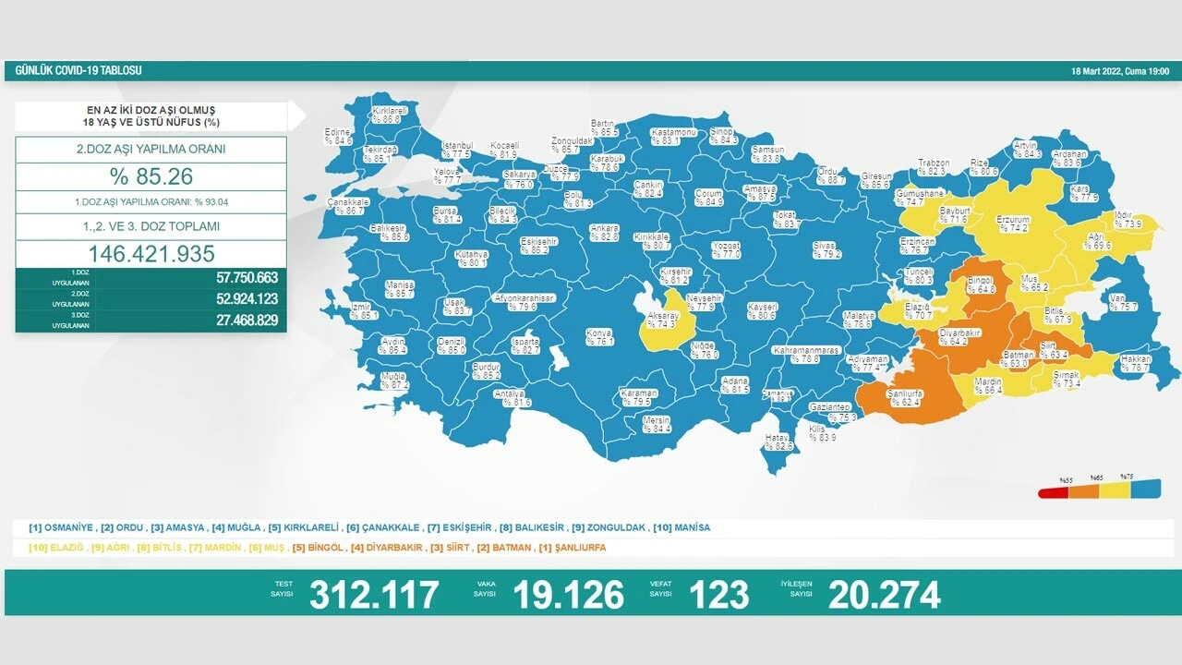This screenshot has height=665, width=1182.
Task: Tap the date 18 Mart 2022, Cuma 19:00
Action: pos(1119,71)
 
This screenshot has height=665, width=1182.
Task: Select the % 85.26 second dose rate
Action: pos(151,176)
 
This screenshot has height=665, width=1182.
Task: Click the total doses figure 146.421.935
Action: pos(151,254)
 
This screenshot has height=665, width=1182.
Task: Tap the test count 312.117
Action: pos(374,595)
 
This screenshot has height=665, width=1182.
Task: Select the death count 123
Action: pos(718,595)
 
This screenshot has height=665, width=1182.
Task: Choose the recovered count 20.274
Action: pos(884,595)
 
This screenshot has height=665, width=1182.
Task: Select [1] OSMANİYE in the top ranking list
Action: pos(62,527)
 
